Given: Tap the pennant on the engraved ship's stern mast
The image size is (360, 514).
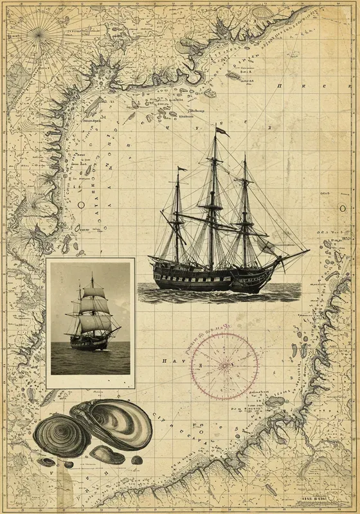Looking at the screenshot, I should click(x=182, y=169).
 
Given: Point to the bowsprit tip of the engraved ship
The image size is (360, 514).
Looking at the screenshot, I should click(x=307, y=251).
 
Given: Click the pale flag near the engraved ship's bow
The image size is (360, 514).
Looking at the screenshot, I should click(x=266, y=246).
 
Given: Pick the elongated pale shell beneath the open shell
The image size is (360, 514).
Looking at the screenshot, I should click(x=107, y=455).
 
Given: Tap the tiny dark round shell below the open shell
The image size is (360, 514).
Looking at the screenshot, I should click(x=136, y=460).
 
